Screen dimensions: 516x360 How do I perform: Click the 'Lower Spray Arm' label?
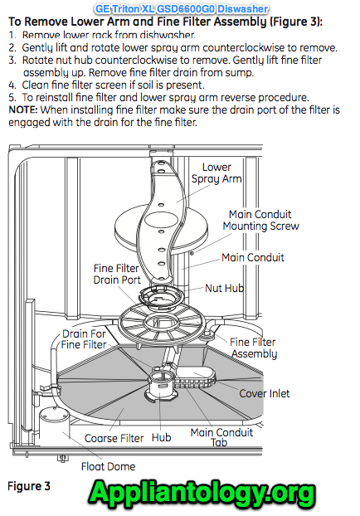click(216, 173)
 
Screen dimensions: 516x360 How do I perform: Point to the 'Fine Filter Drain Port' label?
click(116, 274)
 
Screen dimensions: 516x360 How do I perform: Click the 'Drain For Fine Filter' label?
click(84, 338)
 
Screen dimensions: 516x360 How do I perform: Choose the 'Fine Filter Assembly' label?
click(253, 348)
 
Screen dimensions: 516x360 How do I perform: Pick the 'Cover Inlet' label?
click(265, 393)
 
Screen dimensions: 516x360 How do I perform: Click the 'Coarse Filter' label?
click(112, 437)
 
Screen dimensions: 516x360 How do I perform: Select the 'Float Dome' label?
click(108, 466)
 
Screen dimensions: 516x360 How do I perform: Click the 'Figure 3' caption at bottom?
click(29, 485)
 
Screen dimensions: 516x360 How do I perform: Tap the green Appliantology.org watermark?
click(202, 493)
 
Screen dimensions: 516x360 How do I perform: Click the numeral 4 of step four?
click(12, 85)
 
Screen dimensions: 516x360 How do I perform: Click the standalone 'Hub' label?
click(161, 437)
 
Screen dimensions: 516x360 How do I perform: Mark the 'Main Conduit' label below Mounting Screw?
click(253, 257)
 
